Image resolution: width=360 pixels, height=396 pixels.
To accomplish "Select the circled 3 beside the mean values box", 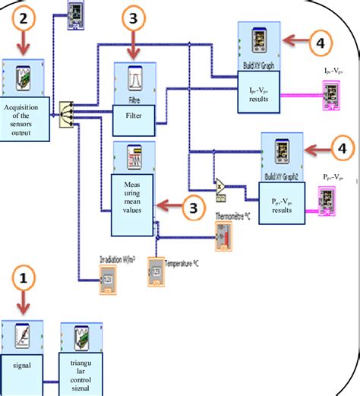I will (194, 206).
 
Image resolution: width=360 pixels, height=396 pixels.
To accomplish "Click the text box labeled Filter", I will (133, 117).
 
